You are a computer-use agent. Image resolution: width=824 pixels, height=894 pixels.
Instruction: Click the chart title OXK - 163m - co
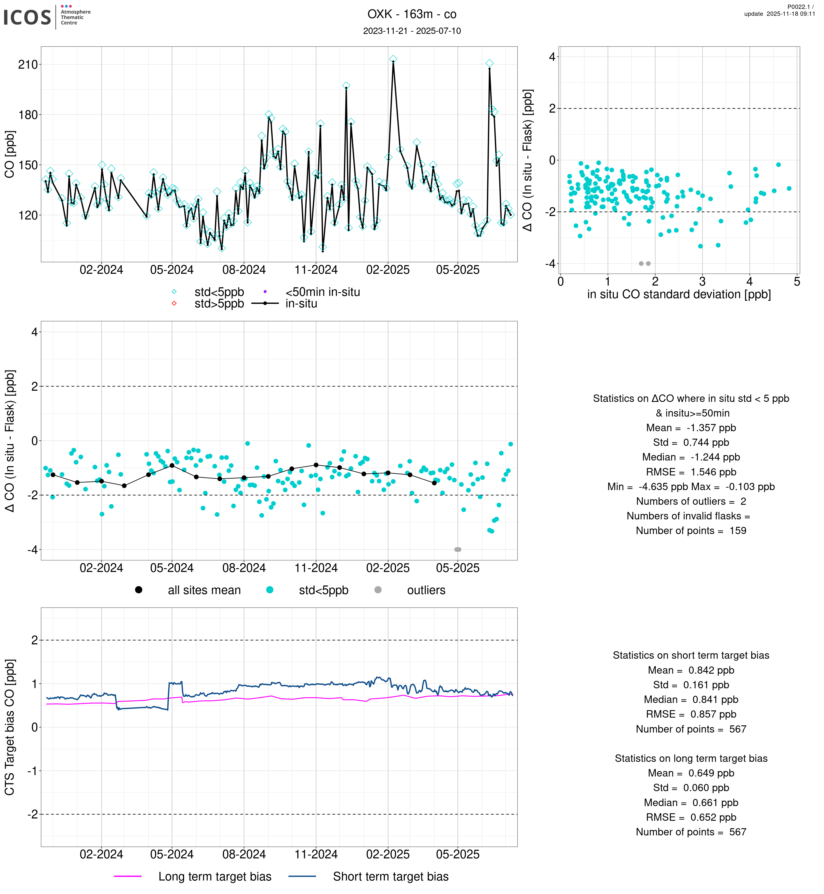[x=412, y=14]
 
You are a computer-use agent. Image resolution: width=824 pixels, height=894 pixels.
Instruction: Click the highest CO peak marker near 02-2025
[x=393, y=59]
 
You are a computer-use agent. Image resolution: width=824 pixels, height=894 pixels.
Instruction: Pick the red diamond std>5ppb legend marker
[x=174, y=303]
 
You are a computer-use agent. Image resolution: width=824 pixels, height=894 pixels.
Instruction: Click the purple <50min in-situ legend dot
[x=265, y=292]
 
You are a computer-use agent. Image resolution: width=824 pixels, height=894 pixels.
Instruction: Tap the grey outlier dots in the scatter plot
[x=644, y=264]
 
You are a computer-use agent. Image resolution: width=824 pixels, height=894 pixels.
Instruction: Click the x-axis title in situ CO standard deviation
[x=679, y=294]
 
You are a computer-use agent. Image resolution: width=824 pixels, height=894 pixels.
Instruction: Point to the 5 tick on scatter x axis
[x=797, y=282]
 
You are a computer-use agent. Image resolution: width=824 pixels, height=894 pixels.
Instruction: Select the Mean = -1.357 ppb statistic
[x=691, y=428]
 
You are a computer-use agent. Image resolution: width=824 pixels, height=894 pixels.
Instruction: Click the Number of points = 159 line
[x=691, y=531]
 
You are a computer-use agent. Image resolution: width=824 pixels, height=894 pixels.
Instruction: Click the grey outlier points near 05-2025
[x=458, y=550]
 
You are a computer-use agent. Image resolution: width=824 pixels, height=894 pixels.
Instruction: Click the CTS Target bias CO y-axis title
[x=10, y=727]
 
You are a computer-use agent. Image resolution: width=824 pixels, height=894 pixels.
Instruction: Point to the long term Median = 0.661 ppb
[x=691, y=803]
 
